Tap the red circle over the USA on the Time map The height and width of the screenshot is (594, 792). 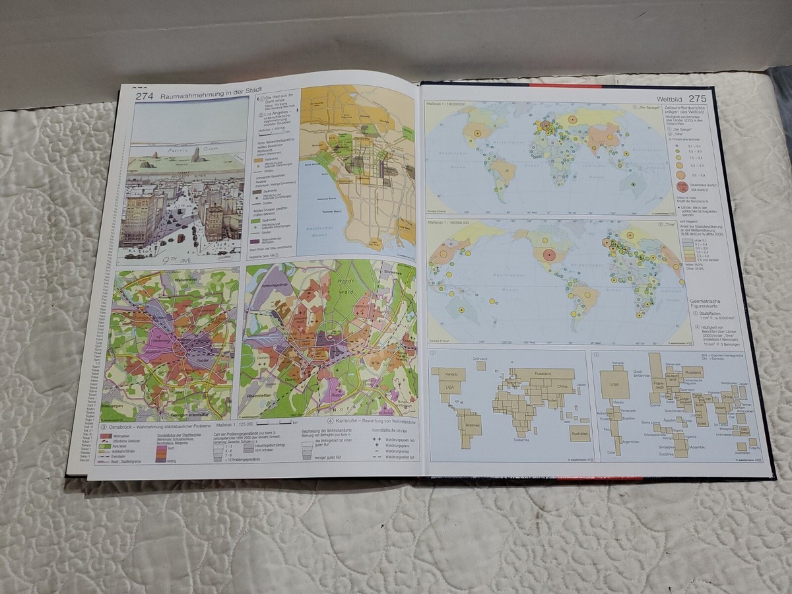click(547, 256)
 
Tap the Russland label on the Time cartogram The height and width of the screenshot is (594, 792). click(693, 372)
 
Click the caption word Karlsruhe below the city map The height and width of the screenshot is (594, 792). click(349, 420)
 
